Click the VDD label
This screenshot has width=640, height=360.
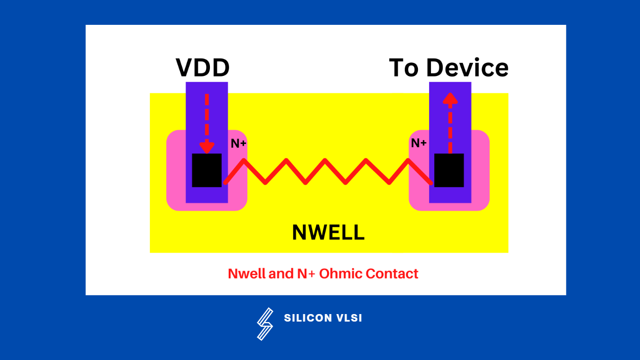click(202, 68)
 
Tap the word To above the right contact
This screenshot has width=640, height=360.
click(404, 68)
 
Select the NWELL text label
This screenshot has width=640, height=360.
click(328, 232)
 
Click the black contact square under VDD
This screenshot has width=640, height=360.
click(207, 170)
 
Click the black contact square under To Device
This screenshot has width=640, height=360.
click(449, 170)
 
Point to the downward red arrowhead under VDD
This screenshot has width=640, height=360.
click(207, 146)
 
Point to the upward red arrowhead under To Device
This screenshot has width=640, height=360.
click(450, 98)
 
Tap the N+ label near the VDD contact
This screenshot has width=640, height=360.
click(238, 143)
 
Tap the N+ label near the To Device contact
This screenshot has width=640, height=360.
click(418, 143)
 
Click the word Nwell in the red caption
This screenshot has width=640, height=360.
click(246, 274)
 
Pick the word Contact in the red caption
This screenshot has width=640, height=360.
click(392, 274)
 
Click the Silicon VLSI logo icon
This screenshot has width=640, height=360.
click(265, 323)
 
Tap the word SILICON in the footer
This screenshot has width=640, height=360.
click(307, 318)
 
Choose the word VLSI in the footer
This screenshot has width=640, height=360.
click(349, 318)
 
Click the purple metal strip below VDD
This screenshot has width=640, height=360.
click(207, 112)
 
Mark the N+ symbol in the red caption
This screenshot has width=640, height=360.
click(306, 274)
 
